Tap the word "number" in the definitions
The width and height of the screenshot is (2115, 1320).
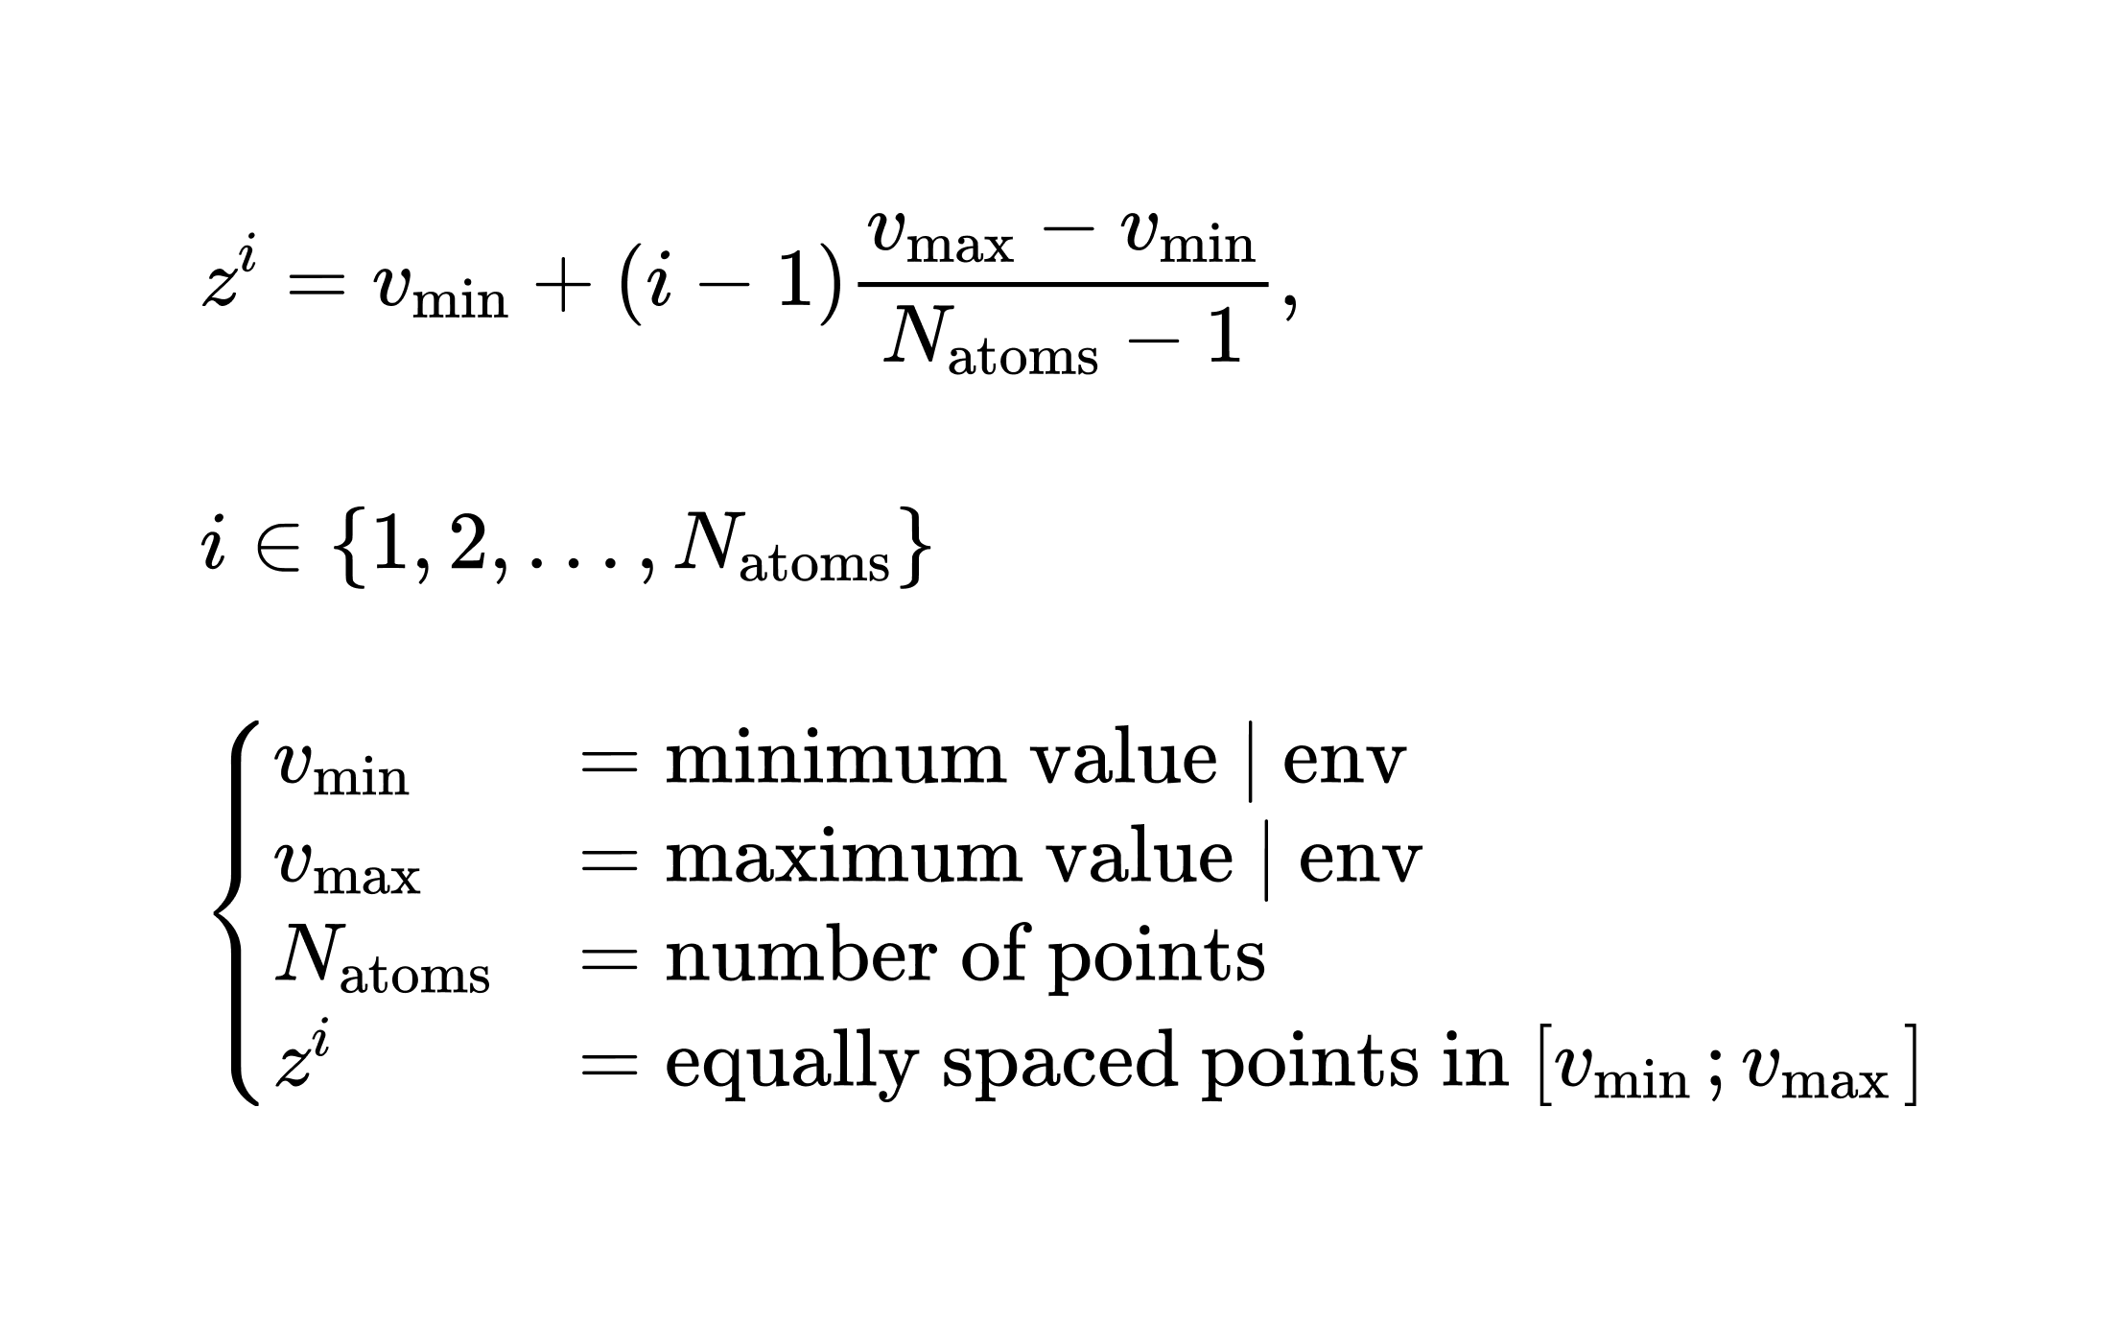pos(800,956)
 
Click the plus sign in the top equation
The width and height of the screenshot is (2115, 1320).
pos(563,287)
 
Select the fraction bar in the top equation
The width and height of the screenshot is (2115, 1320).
pos(1063,284)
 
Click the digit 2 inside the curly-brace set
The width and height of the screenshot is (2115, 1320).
pos(467,550)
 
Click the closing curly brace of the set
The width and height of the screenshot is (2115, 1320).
pos(915,549)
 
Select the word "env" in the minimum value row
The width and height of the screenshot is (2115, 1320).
pos(1343,760)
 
